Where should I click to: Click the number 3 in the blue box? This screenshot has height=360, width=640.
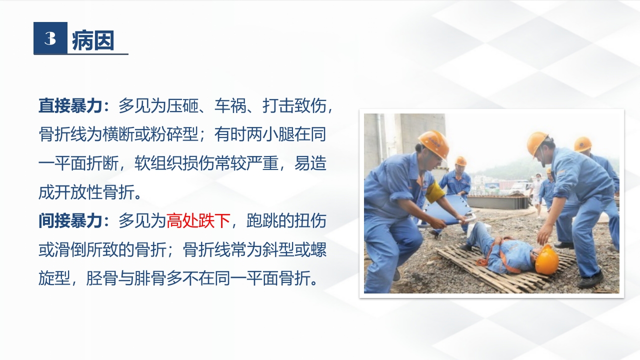[50, 38]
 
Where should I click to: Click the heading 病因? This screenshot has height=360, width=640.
[93, 40]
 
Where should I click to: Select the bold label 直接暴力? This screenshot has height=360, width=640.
[70, 105]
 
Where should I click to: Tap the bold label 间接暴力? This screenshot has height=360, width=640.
[70, 221]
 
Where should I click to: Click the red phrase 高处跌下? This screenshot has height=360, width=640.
[198, 221]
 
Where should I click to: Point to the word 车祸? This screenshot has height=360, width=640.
[230, 105]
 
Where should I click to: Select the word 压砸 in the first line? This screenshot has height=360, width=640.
[182, 105]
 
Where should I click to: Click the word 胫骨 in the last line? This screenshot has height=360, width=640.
[102, 278]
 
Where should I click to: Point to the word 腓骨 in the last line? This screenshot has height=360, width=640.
[150, 278]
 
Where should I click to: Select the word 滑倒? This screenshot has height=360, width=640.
[70, 249]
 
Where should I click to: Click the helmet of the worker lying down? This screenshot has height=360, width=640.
[546, 260]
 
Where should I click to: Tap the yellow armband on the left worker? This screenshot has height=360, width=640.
[434, 192]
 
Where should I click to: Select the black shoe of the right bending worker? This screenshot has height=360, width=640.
[590, 280]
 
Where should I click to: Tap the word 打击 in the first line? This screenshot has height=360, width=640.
[278, 105]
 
